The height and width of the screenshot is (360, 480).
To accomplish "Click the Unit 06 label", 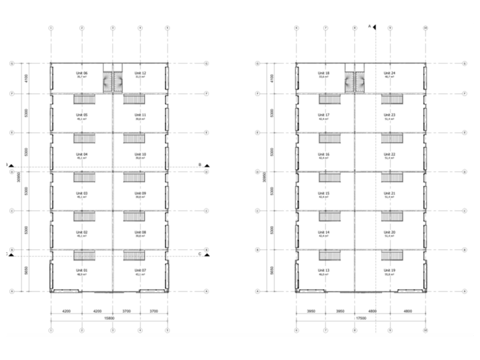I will (81, 73).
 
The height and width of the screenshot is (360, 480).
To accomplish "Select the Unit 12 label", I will (140, 73).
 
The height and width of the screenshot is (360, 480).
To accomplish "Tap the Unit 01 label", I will (81, 269).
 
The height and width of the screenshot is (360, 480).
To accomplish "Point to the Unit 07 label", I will (140, 269).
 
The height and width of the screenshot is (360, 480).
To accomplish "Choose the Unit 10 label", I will (140, 154).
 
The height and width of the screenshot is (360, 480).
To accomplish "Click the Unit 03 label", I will (81, 193).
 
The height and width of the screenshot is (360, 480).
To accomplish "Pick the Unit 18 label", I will (325, 73).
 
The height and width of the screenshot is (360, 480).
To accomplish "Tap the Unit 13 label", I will (325, 269).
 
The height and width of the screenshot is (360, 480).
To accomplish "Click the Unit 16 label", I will (325, 154).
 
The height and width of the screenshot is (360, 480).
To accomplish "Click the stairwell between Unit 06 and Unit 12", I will (112, 82).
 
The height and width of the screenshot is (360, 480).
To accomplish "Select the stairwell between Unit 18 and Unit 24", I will (355, 82).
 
